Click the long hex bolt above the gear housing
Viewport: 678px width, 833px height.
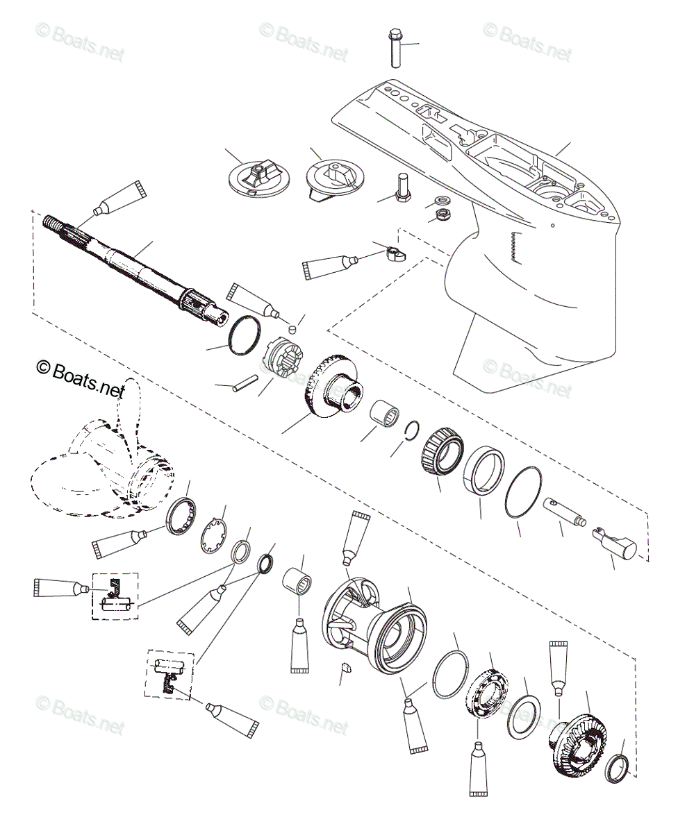395,49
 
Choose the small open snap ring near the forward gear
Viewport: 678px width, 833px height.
412,431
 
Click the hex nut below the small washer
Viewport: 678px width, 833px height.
441,212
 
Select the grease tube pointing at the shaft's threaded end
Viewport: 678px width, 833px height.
118,199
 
